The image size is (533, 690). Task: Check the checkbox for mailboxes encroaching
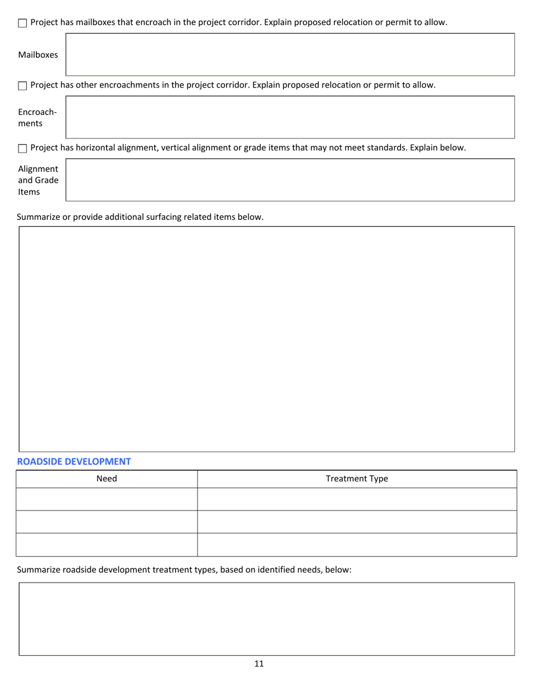click(x=22, y=24)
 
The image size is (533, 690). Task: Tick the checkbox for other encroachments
click(x=22, y=86)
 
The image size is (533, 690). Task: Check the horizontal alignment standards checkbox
click(x=22, y=149)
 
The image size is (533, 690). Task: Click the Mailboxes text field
click(x=290, y=54)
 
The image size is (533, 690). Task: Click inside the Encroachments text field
click(x=290, y=117)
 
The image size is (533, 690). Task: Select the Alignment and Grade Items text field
click(x=290, y=180)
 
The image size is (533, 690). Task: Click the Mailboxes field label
click(x=38, y=55)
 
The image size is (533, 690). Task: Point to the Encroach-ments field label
click(x=37, y=117)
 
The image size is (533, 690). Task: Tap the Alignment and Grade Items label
click(x=38, y=180)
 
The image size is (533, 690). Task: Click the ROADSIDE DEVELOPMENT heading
click(x=73, y=462)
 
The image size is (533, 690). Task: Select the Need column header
click(x=107, y=479)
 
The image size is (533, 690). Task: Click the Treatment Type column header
click(x=357, y=479)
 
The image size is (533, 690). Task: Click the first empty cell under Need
click(x=107, y=499)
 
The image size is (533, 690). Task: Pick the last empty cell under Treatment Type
click(x=357, y=545)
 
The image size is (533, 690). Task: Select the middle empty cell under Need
click(x=107, y=522)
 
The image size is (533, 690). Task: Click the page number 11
click(x=259, y=664)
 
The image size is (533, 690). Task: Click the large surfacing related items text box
click(x=266, y=339)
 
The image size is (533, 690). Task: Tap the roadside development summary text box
click(x=266, y=619)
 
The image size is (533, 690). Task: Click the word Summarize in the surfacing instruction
click(x=39, y=217)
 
